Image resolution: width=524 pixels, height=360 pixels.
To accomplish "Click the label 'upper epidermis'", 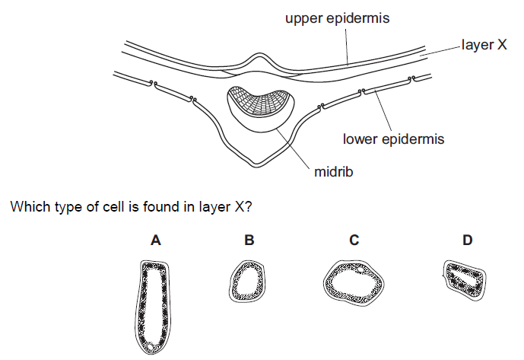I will click(338, 18).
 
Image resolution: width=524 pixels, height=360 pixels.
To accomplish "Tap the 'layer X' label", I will click(484, 46).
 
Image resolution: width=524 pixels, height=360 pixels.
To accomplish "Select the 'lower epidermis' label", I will click(393, 139).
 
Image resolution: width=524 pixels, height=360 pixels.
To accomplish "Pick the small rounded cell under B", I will click(249, 282).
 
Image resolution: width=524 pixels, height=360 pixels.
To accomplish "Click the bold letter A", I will click(155, 241).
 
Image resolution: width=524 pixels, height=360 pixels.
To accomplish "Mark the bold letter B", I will click(249, 241).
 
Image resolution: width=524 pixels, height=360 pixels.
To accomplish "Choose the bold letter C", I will click(354, 241).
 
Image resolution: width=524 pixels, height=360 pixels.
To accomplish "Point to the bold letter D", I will click(467, 241).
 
